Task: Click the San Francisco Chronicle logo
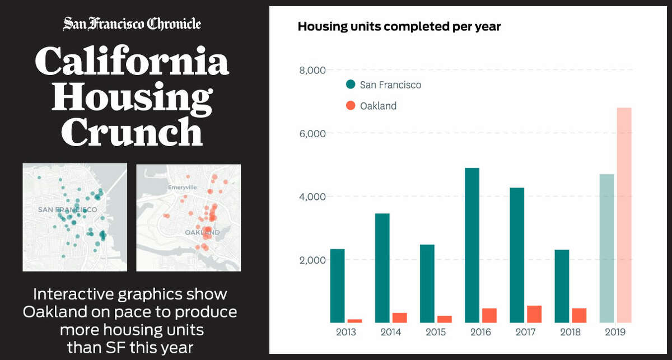132,24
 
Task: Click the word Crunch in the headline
132,133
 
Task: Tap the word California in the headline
132,62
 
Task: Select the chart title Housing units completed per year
399,26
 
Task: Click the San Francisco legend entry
384,85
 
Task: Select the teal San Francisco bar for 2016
472,245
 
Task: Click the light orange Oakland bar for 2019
624,215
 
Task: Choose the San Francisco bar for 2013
338,286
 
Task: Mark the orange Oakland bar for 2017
534,314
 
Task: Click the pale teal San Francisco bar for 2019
606,248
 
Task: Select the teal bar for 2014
382,268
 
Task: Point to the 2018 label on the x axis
570,332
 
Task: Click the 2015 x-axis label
436,332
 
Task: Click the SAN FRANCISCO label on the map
67,209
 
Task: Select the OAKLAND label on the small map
202,232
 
